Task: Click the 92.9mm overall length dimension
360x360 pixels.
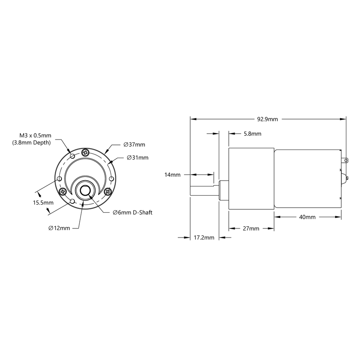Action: click(x=267, y=119)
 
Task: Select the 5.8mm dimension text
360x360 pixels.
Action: click(x=252, y=134)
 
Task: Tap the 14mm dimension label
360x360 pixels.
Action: click(x=172, y=175)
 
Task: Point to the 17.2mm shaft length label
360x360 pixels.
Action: click(x=204, y=238)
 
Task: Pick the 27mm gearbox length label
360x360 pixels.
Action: click(x=251, y=228)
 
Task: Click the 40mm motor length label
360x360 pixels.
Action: click(x=307, y=217)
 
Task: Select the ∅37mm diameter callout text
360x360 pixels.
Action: click(x=134, y=144)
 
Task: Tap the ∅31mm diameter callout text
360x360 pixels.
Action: click(x=137, y=158)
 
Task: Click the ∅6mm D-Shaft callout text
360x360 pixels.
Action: click(x=132, y=213)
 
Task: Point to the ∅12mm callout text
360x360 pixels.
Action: click(x=59, y=228)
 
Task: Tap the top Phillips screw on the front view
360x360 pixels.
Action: click(x=86, y=152)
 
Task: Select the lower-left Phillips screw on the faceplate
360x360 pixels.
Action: click(x=63, y=191)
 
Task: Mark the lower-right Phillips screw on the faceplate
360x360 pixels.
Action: click(x=108, y=191)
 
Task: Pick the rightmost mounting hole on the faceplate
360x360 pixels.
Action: click(x=111, y=179)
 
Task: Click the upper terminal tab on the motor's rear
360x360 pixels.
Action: click(x=344, y=160)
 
